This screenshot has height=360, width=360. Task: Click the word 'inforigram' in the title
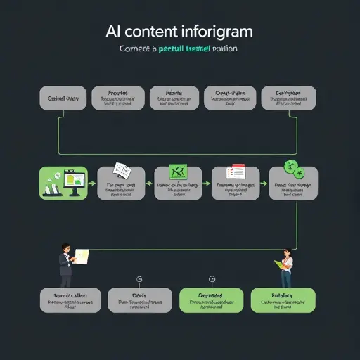coord(217,32)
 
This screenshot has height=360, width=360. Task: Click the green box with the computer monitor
coord(64,183)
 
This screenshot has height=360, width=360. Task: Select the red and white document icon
coord(234,172)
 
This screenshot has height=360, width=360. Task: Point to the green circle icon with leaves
coord(292,169)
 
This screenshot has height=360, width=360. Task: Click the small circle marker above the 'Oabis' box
coord(139,278)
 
